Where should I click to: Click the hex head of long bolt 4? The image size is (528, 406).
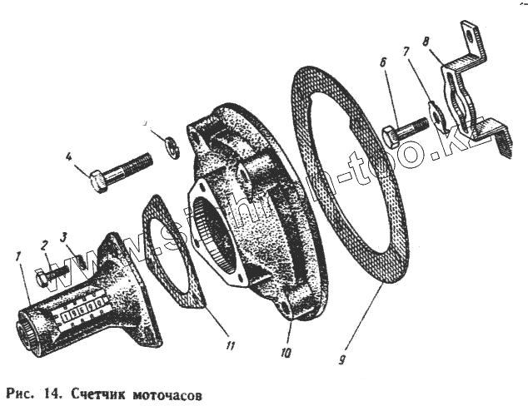click(x=98, y=180)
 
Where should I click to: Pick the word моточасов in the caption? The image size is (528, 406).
click(x=167, y=391)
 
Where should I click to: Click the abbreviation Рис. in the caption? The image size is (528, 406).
click(x=20, y=391)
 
